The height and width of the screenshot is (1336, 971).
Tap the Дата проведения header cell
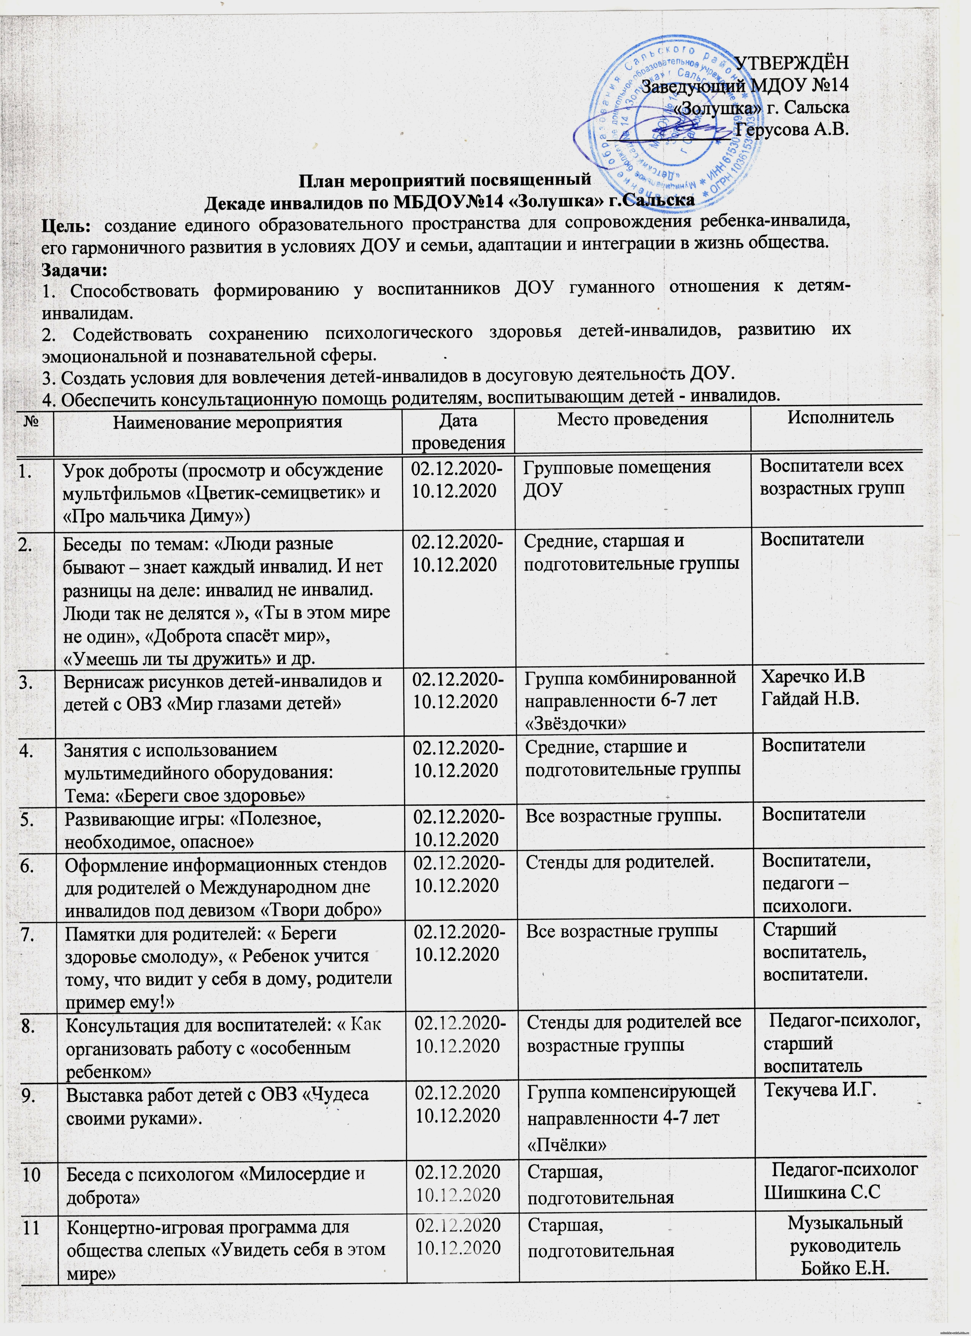point(458,432)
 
